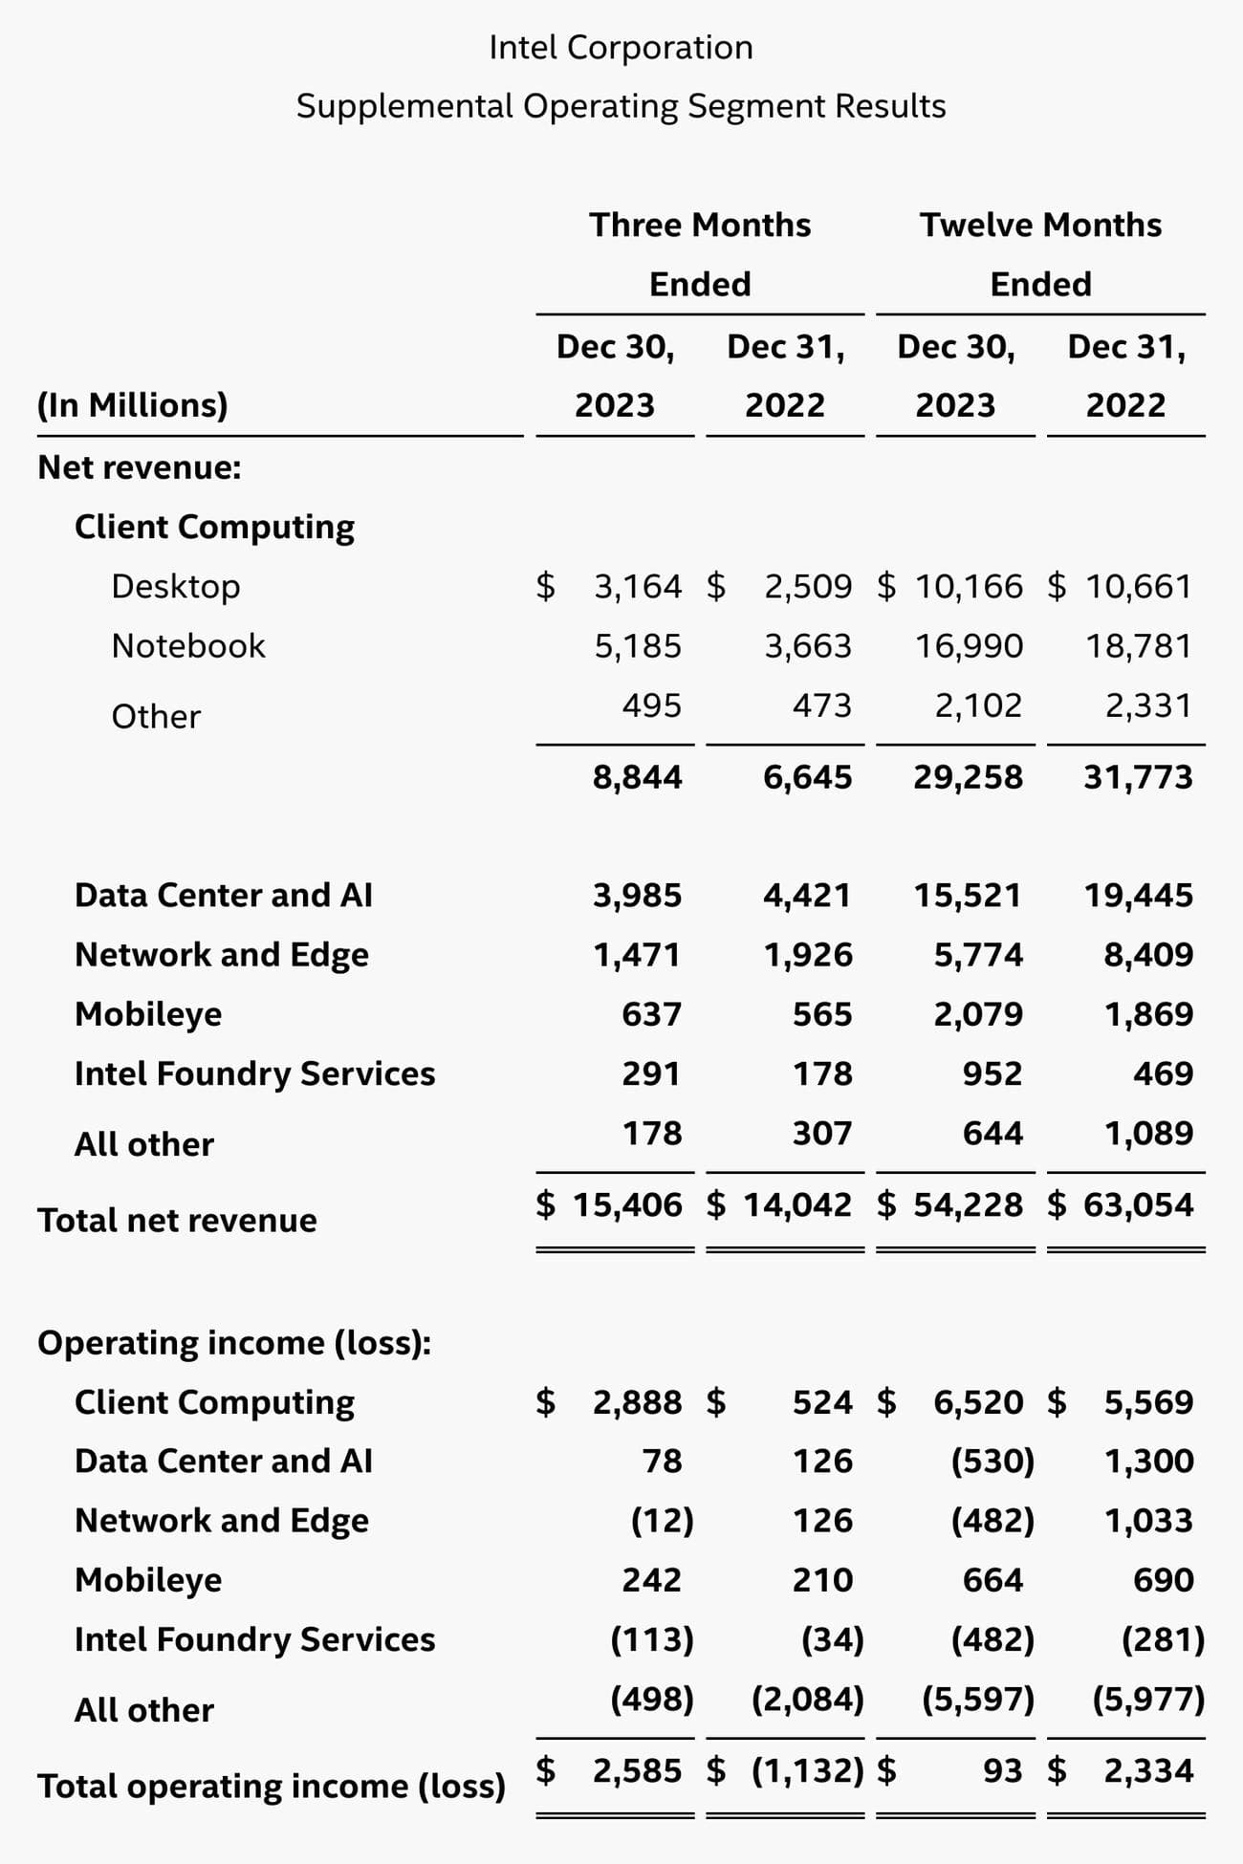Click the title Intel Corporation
tap(621, 47)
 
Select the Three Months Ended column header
tap(699, 254)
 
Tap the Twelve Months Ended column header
tap(1040, 254)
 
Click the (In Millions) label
tap(133, 404)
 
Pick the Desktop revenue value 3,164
tap(638, 586)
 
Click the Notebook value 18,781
tap(1138, 646)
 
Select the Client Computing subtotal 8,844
tap(637, 776)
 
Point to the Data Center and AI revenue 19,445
tap(1138, 895)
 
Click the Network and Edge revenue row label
tap(222, 954)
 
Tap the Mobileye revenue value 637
tap(651, 1013)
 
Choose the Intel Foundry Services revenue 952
tap(992, 1073)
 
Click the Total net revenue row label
tap(177, 1220)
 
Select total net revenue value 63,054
tap(1138, 1204)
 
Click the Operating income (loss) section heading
tap(234, 1342)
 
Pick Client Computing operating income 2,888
tap(637, 1401)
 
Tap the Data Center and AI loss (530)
tap(992, 1461)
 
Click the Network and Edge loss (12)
tap(662, 1520)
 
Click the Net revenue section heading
tap(140, 466)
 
